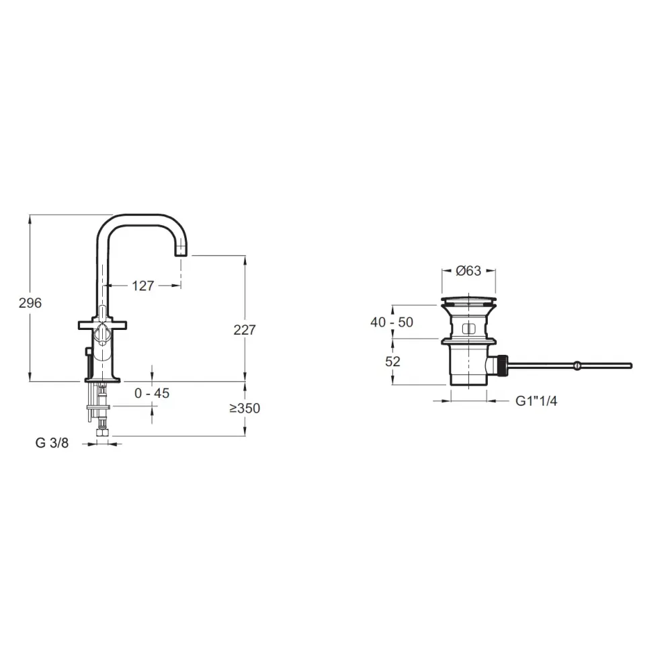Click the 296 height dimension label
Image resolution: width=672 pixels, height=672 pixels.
[x=30, y=303]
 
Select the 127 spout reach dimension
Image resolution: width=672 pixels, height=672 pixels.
[x=142, y=286]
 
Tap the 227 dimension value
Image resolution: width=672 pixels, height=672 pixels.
[x=245, y=330]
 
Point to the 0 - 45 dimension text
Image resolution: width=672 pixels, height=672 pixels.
[x=152, y=393]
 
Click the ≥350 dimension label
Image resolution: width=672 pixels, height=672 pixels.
[x=245, y=408]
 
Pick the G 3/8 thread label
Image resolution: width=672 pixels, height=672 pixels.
[x=52, y=443]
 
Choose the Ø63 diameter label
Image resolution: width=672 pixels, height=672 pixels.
[x=468, y=271]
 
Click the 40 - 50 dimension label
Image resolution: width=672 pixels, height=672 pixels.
[x=392, y=323]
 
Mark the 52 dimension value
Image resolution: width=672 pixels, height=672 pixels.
[x=392, y=362]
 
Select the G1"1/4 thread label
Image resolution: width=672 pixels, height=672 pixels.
[x=536, y=401]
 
